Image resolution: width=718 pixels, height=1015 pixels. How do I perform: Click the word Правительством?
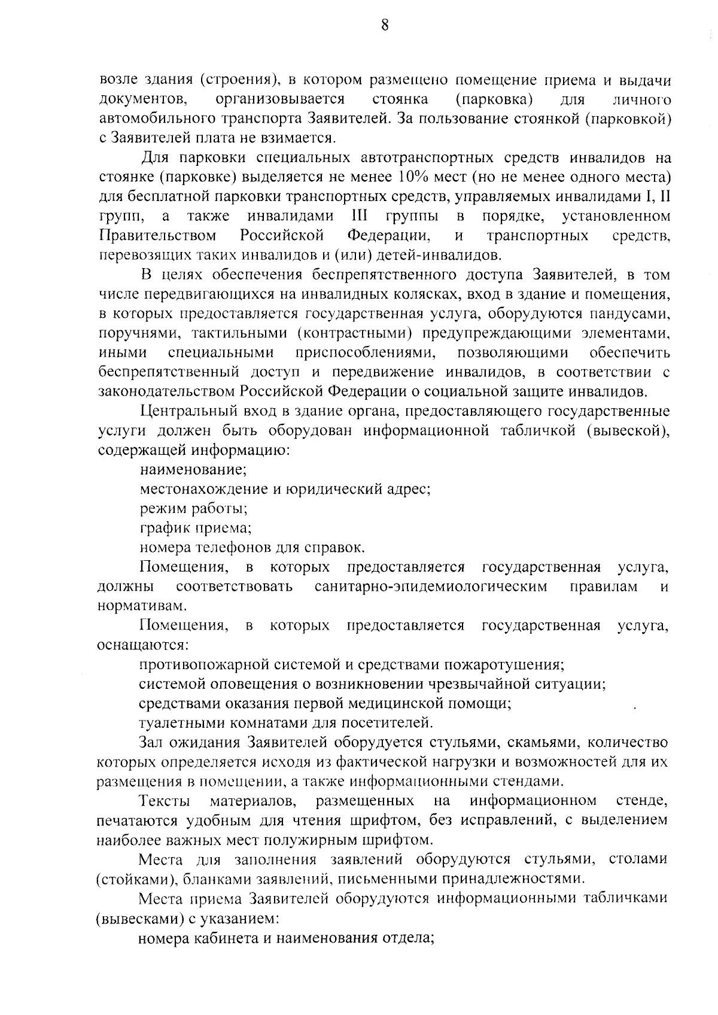(157, 235)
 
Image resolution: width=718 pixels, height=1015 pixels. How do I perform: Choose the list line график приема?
(195, 528)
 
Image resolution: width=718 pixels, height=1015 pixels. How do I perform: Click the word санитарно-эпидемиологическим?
(431, 586)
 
